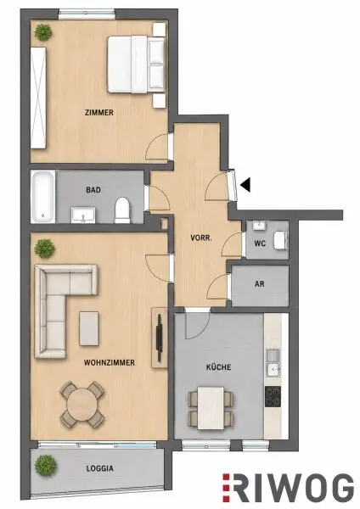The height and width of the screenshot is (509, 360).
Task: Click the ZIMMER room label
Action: pyautogui.click(x=99, y=113)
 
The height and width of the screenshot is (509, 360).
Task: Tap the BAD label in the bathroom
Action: pyautogui.click(x=93, y=190)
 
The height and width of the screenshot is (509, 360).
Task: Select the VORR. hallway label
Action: pyautogui.click(x=201, y=238)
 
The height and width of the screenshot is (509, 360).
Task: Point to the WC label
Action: pyautogui.click(x=260, y=243)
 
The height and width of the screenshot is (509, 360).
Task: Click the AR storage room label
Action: pyautogui.click(x=259, y=284)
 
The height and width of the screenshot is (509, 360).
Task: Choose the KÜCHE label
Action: pyautogui.click(x=219, y=367)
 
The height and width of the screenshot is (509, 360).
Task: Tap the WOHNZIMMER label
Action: pyautogui.click(x=110, y=362)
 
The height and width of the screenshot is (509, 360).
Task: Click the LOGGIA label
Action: pyautogui.click(x=99, y=468)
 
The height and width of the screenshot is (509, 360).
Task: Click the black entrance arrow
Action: pyautogui.click(x=245, y=185)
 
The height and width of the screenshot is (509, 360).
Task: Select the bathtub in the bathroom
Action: pyautogui.click(x=43, y=197)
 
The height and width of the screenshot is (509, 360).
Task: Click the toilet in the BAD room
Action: pyautogui.click(x=122, y=210)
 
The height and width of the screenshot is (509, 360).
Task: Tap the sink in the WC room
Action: pyautogui.click(x=259, y=225)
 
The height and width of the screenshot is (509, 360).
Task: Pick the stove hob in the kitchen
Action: pyautogui.click(x=273, y=397)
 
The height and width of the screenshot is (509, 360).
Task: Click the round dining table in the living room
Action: pyautogui.click(x=82, y=404)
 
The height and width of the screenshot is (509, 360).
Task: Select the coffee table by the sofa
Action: pyautogui.click(x=88, y=328)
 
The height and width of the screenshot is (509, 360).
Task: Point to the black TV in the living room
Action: pyautogui.click(x=160, y=338)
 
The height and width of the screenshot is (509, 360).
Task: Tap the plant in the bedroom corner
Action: pyautogui.click(x=44, y=32)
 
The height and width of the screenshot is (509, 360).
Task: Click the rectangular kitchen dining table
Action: pyautogui.click(x=211, y=408)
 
